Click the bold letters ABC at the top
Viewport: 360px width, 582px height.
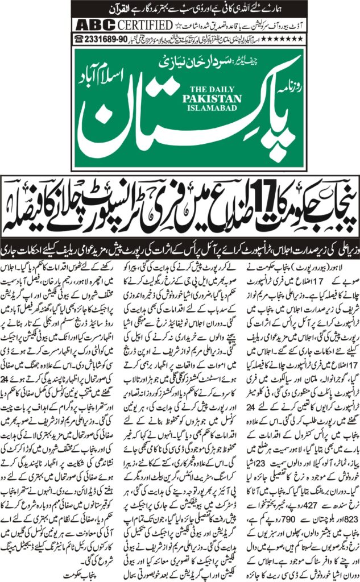[96, 25]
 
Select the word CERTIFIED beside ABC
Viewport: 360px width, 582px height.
[144, 25]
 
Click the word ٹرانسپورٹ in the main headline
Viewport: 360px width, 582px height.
[112, 199]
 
